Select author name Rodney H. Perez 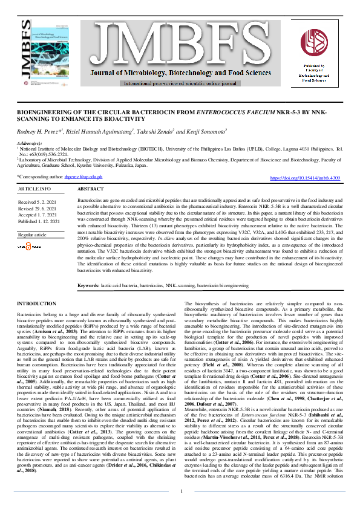[x=39, y=131]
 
